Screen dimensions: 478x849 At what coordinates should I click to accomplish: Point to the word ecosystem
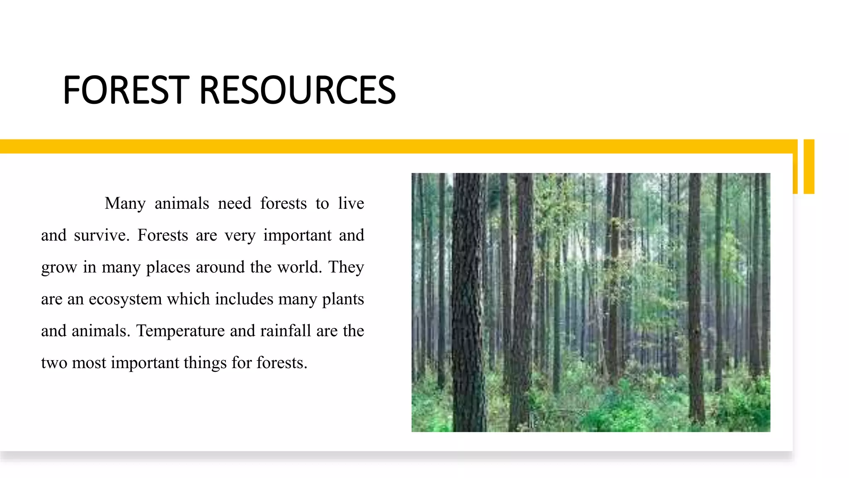tap(125, 299)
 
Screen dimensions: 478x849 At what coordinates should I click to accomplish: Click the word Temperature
tap(181, 331)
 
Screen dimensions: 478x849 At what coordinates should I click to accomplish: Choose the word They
tap(346, 267)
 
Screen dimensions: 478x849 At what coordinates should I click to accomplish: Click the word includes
tap(244, 299)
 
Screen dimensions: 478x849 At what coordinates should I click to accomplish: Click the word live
tap(351, 203)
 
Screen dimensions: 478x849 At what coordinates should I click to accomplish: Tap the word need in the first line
tap(235, 203)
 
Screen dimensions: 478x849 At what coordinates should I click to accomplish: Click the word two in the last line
tap(54, 363)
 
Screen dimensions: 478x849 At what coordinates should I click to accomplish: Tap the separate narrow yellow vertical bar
tap(809, 166)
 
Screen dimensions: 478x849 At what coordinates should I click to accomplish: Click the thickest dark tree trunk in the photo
tap(468, 303)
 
